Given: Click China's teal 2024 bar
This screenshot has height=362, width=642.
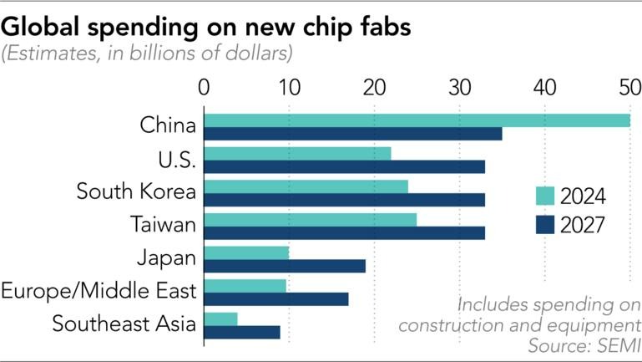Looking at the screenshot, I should click(417, 120).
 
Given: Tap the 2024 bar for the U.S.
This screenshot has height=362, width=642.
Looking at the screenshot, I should click(297, 154).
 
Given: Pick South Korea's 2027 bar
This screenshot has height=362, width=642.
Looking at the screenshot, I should click(344, 200).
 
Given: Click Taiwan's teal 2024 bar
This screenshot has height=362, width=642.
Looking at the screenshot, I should click(310, 220).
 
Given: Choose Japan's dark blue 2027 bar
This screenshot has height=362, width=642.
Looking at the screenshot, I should click(285, 266).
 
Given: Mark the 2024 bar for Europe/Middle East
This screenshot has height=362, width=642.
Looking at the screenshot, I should click(245, 286).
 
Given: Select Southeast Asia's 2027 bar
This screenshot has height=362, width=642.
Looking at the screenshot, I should click(242, 332).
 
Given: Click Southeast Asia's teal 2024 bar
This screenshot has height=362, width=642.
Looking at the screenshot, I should click(220, 319).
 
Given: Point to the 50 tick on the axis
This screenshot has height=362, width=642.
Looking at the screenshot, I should click(629, 87).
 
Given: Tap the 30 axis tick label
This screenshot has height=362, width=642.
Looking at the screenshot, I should click(459, 87).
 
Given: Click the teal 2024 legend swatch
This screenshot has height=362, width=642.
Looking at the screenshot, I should click(543, 196).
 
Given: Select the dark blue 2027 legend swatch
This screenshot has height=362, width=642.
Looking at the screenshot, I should click(543, 224).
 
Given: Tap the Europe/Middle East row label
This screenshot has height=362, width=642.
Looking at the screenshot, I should click(99, 291).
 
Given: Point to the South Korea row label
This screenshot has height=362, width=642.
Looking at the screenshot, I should click(136, 191).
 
